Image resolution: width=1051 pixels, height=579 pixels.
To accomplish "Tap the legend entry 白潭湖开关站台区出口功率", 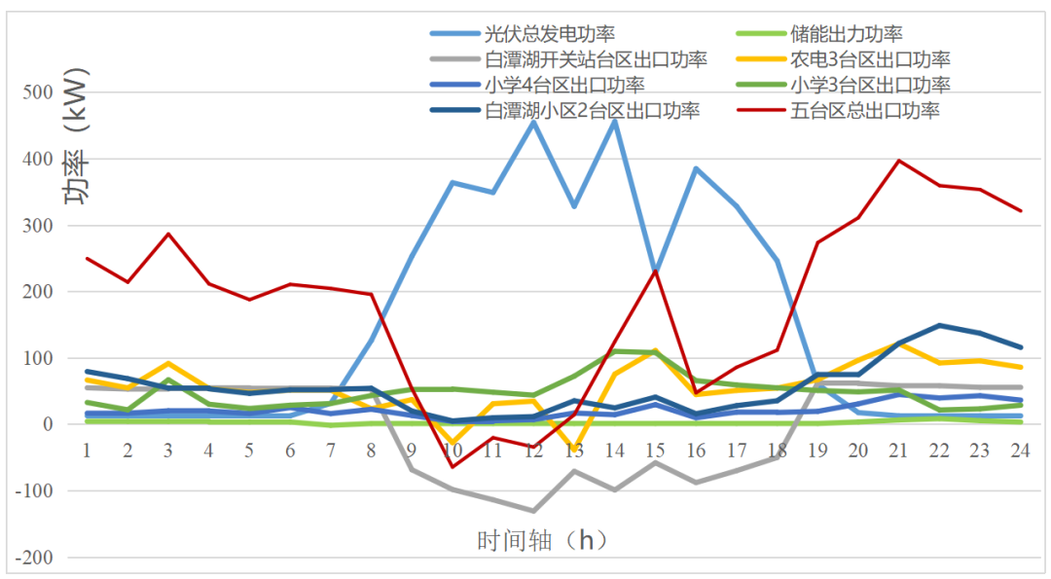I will pos(595,59).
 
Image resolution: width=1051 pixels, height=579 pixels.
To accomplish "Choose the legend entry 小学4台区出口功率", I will pos(563,85).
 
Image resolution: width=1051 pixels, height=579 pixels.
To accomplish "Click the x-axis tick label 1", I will pos(87,450).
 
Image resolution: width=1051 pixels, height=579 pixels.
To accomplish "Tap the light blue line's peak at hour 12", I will pos(533,122).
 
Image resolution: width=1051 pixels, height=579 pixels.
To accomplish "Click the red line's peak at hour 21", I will pos(899,161).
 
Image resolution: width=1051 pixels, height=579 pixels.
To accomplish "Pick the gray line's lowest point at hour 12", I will pos(533,511).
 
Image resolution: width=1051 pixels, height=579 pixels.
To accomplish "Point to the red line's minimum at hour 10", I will pos(452,467).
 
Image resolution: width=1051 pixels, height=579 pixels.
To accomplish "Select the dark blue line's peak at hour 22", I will pos(939,325).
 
